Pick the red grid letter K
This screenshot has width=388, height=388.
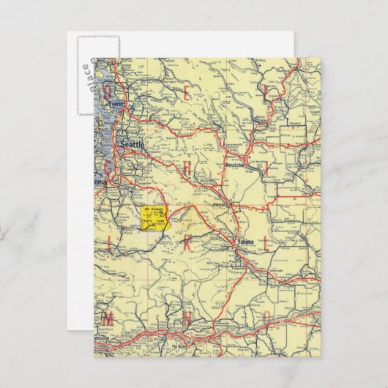click(x=187, y=244)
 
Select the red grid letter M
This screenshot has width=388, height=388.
click(x=108, y=319)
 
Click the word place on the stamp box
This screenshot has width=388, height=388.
click(x=86, y=73)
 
